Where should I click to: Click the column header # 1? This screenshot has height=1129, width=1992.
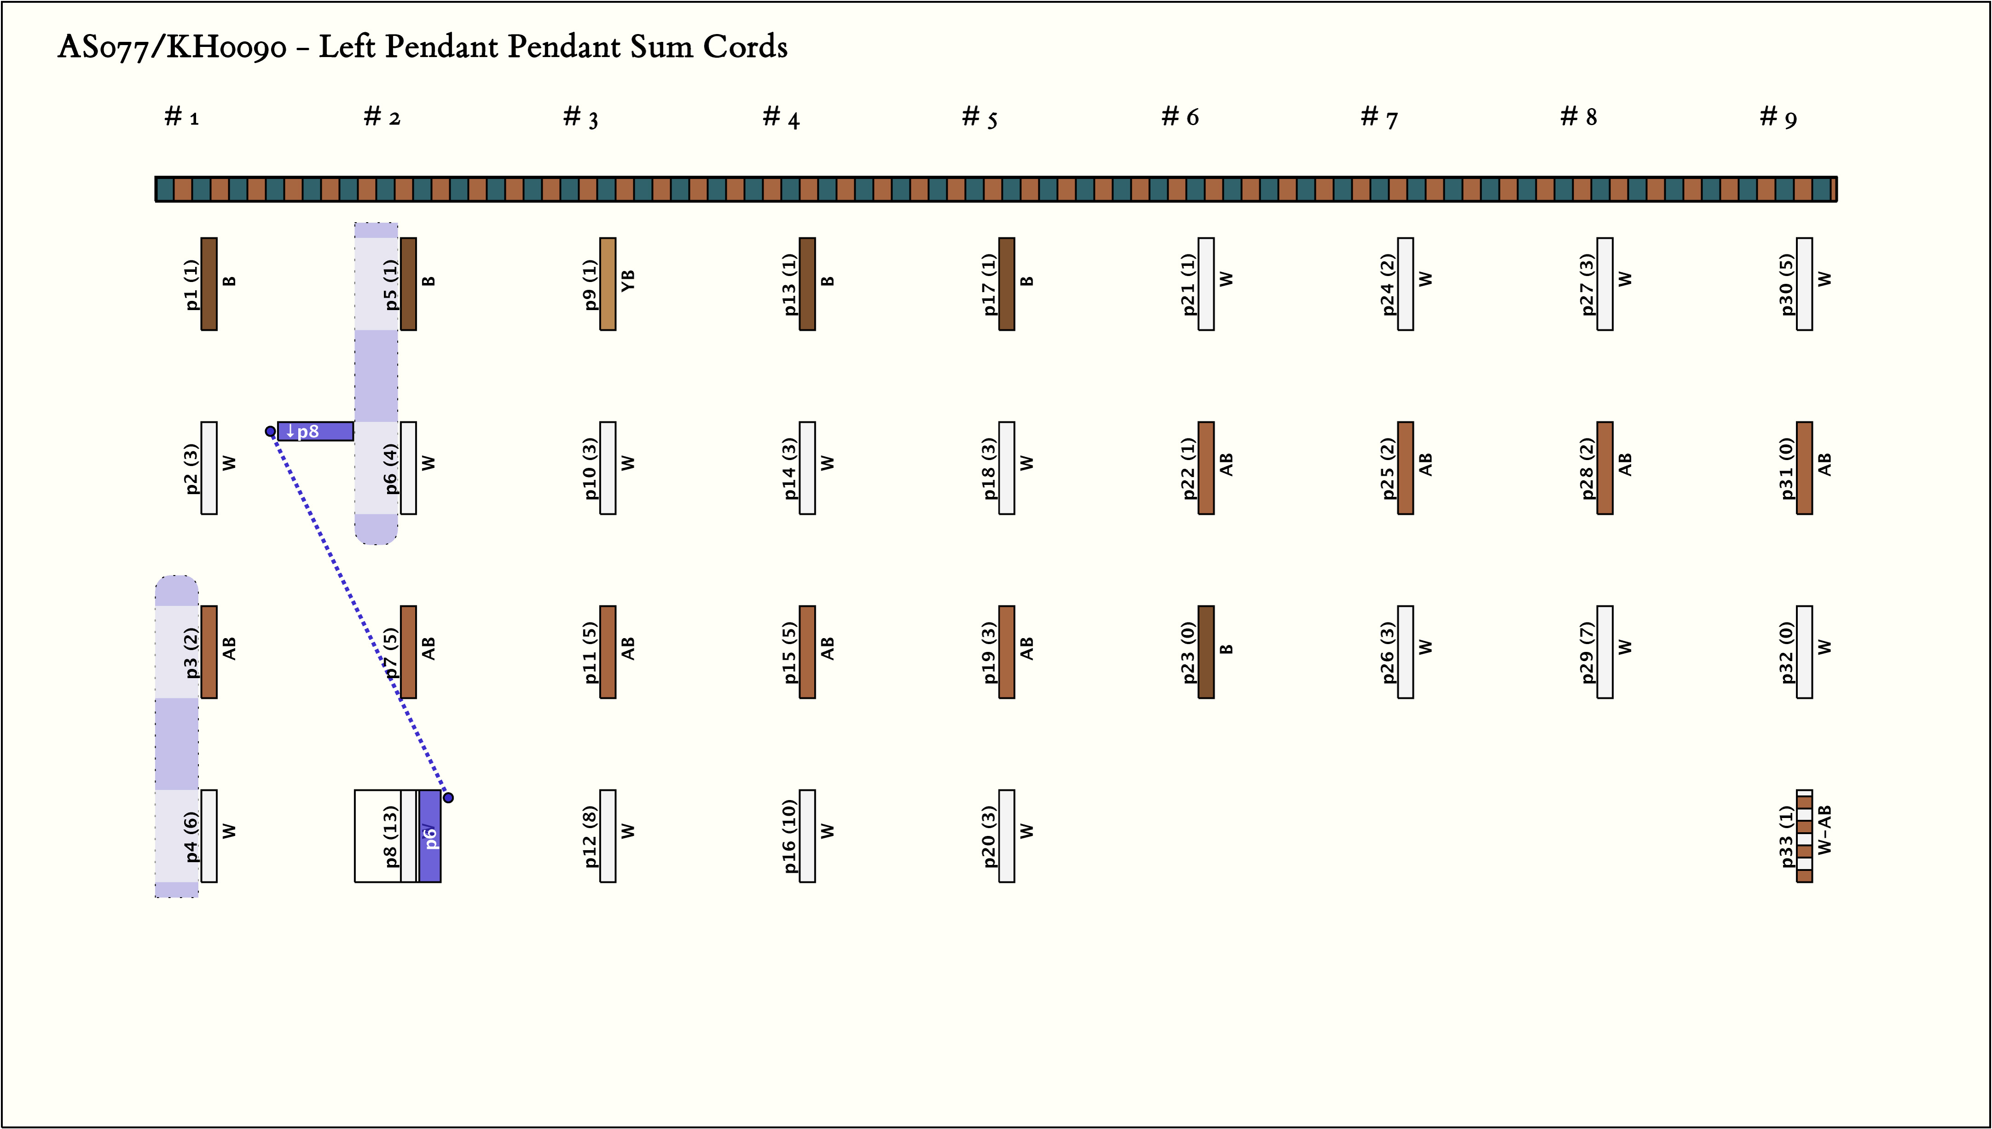point(181,117)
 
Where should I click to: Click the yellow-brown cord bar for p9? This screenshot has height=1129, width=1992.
point(608,284)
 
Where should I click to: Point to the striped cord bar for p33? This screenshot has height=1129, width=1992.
point(1804,836)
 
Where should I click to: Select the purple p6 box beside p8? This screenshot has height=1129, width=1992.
point(430,836)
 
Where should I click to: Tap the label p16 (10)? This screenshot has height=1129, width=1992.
point(789,836)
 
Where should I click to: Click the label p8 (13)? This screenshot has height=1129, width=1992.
point(391,836)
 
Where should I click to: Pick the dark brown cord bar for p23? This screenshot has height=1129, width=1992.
point(1206,652)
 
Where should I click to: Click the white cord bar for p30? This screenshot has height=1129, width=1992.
point(1804,284)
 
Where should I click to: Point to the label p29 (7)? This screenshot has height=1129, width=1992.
point(1587,652)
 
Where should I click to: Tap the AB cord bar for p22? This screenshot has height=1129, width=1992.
point(1206,467)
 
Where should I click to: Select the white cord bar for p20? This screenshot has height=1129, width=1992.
point(1006,836)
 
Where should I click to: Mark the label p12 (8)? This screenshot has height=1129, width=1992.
point(590,836)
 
